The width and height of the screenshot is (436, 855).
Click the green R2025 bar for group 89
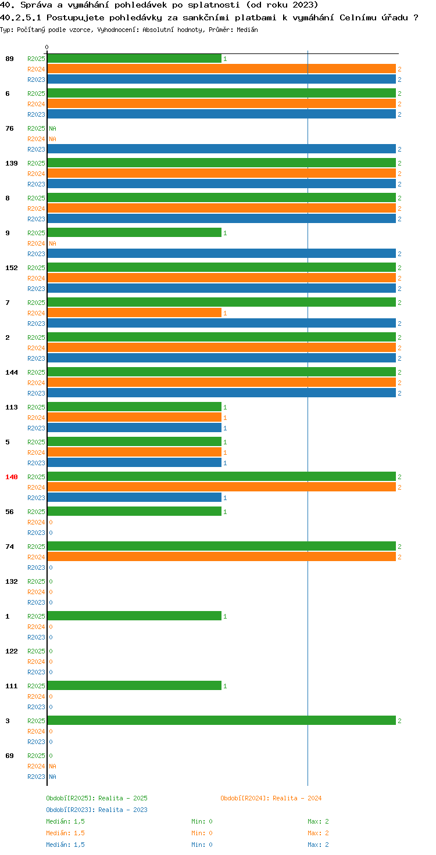click(134, 59)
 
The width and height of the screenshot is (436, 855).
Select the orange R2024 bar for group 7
click(134, 313)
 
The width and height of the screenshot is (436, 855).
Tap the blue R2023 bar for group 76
click(221, 149)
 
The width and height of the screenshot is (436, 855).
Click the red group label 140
click(12, 477)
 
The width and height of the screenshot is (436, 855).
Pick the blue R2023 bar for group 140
click(134, 497)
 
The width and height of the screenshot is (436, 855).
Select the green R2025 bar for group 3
click(221, 720)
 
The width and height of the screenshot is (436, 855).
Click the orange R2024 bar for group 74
click(221, 556)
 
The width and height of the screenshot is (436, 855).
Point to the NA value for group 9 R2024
click(53, 243)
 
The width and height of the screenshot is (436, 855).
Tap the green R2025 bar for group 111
click(134, 685)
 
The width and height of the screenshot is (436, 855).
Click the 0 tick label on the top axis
click(47, 47)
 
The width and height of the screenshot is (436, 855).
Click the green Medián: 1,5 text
click(65, 821)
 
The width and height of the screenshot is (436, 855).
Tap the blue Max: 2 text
click(318, 845)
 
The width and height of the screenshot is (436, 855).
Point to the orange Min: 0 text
click(202, 833)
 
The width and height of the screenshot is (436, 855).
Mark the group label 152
click(12, 268)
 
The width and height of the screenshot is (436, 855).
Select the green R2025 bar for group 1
click(134, 616)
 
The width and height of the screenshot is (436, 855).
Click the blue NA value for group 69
click(53, 777)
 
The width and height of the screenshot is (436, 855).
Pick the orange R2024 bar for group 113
click(134, 417)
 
